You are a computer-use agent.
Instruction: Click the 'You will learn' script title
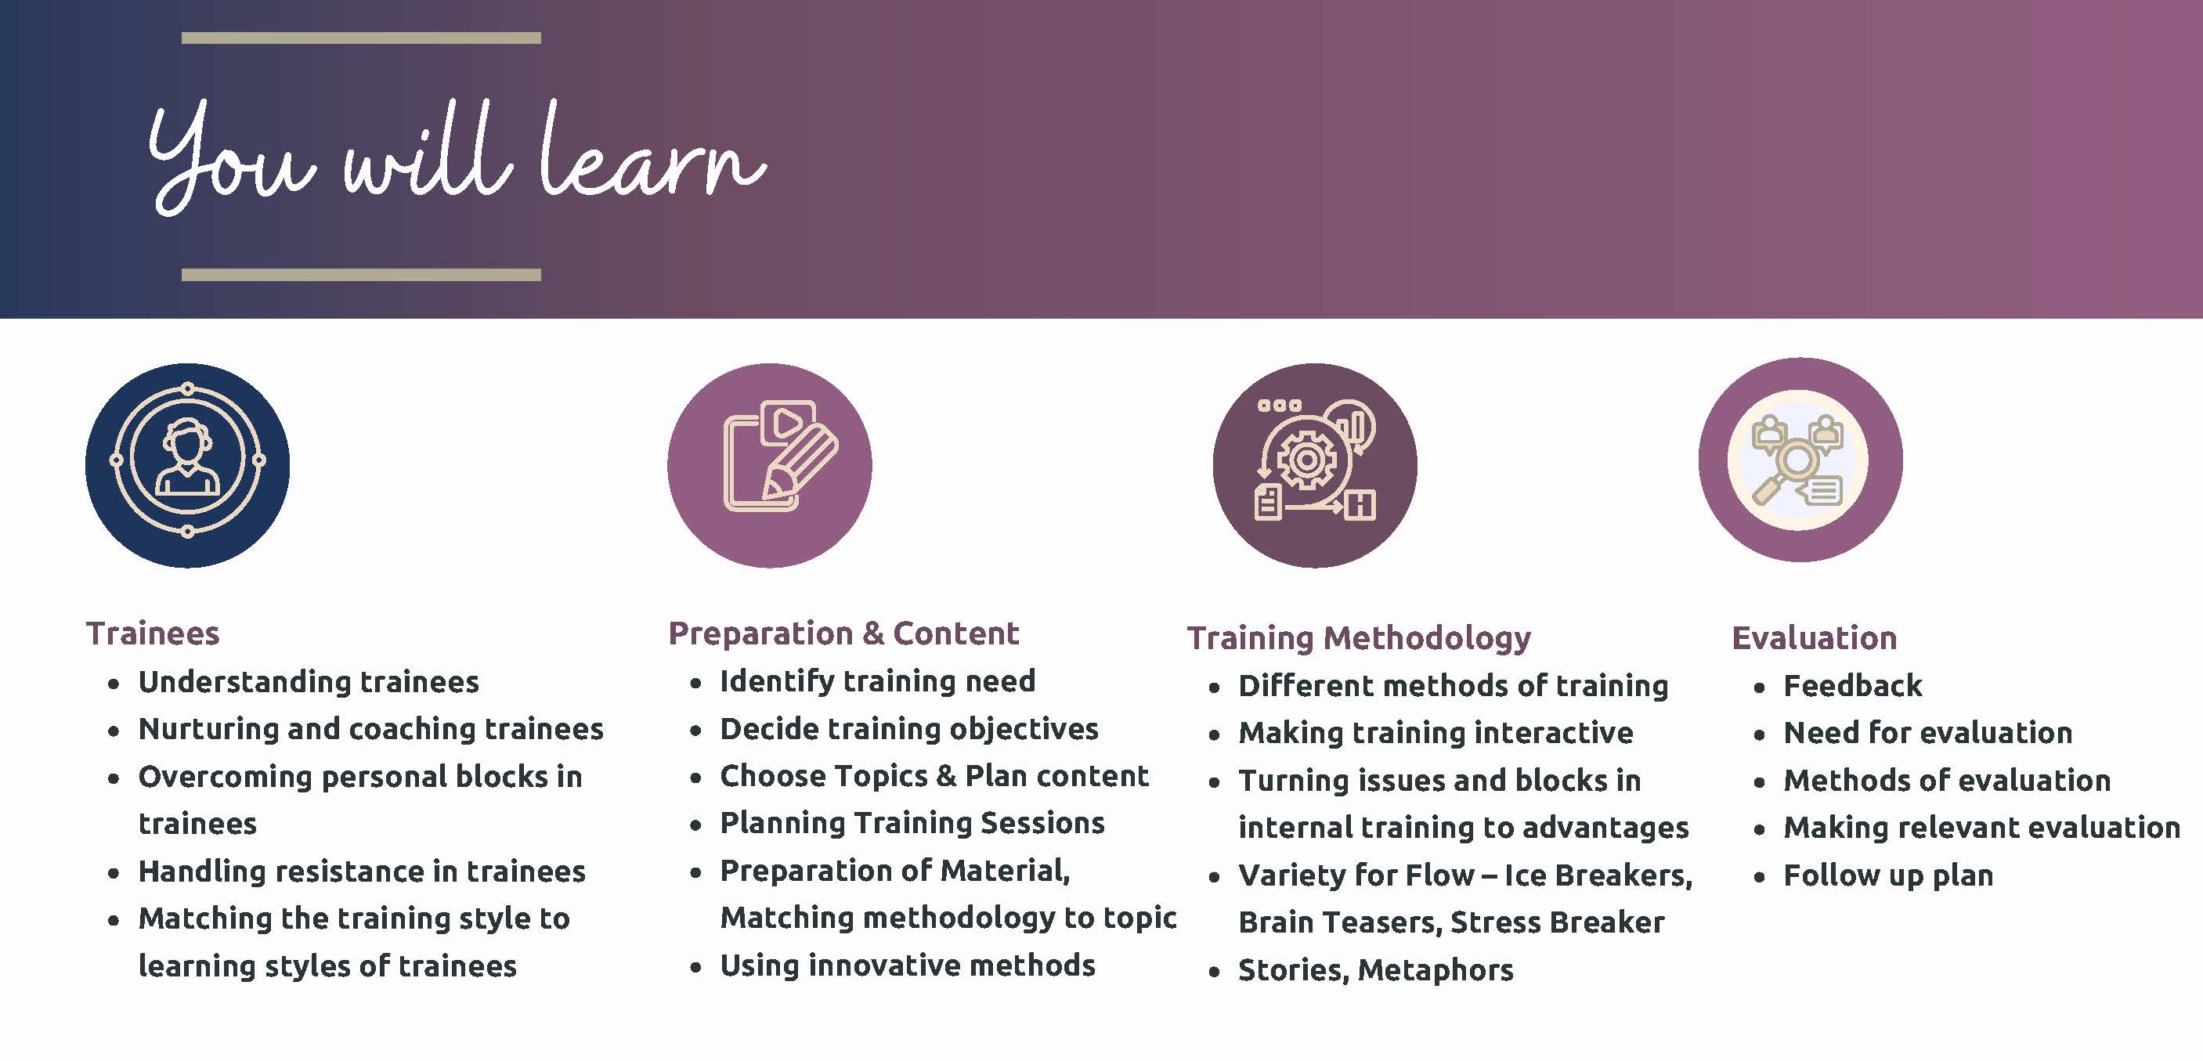coord(457,157)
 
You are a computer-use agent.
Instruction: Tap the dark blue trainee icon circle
coord(187,465)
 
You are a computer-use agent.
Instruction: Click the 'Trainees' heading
coord(153,633)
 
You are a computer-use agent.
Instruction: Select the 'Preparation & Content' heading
coord(844,633)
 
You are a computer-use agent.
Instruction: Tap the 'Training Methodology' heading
coord(1359,638)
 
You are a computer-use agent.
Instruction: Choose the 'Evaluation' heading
coord(1815,638)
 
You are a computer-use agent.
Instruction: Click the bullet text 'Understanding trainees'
coord(309,682)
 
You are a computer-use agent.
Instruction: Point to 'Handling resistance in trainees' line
coord(362,872)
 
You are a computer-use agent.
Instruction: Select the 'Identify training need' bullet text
coord(877,681)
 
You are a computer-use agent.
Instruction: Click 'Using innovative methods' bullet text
coord(908,965)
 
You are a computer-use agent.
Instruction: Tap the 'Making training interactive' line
coord(1436,733)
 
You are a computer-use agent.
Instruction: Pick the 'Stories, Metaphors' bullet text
coord(1376,970)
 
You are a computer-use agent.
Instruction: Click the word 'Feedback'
coord(1852,686)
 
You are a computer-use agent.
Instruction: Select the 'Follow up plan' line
coord(1888,875)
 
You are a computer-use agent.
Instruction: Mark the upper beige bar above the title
coord(361,38)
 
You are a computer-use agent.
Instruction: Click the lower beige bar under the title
coord(361,274)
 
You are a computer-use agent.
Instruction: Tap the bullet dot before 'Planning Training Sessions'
coord(696,825)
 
